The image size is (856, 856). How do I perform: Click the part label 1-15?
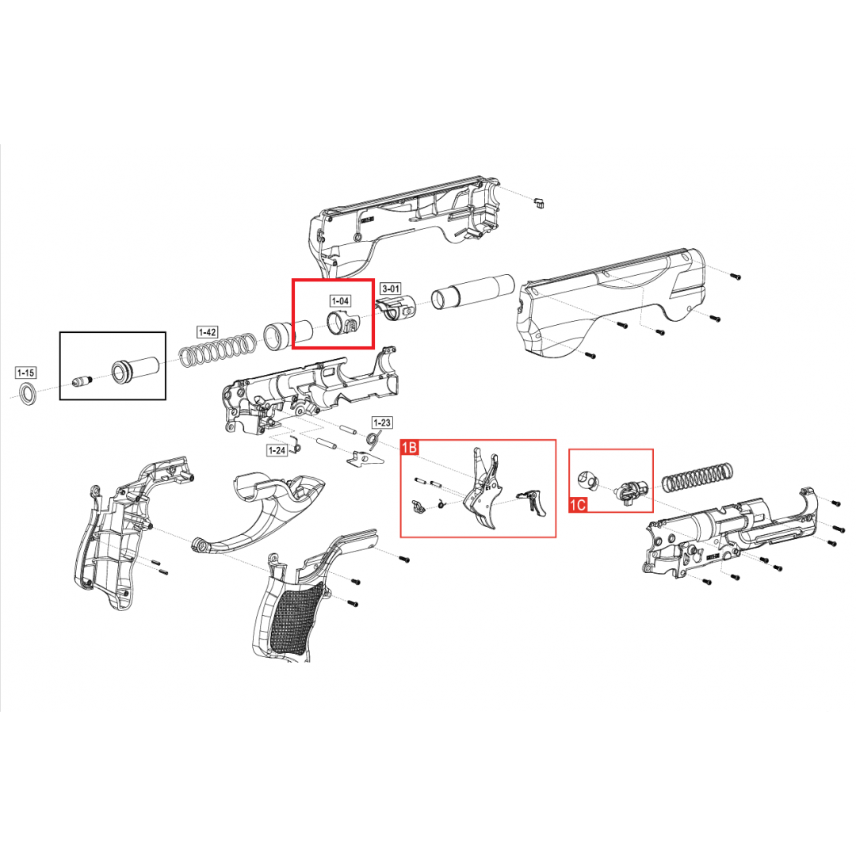click(25, 373)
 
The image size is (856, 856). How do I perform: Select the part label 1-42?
click(208, 332)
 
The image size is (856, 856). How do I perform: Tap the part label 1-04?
click(340, 301)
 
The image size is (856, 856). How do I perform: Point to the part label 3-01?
click(390, 289)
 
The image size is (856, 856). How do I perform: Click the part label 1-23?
click(381, 422)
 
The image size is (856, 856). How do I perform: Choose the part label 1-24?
click(277, 450)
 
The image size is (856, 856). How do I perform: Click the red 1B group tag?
click(410, 448)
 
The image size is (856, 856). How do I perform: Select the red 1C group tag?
click(578, 504)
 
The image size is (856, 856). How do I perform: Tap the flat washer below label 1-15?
click(28, 394)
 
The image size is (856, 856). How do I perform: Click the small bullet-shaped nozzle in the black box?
click(82, 380)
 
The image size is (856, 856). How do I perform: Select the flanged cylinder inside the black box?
click(135, 369)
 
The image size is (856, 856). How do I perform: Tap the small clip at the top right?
click(540, 202)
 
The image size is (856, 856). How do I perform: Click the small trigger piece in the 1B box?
click(533, 501)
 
